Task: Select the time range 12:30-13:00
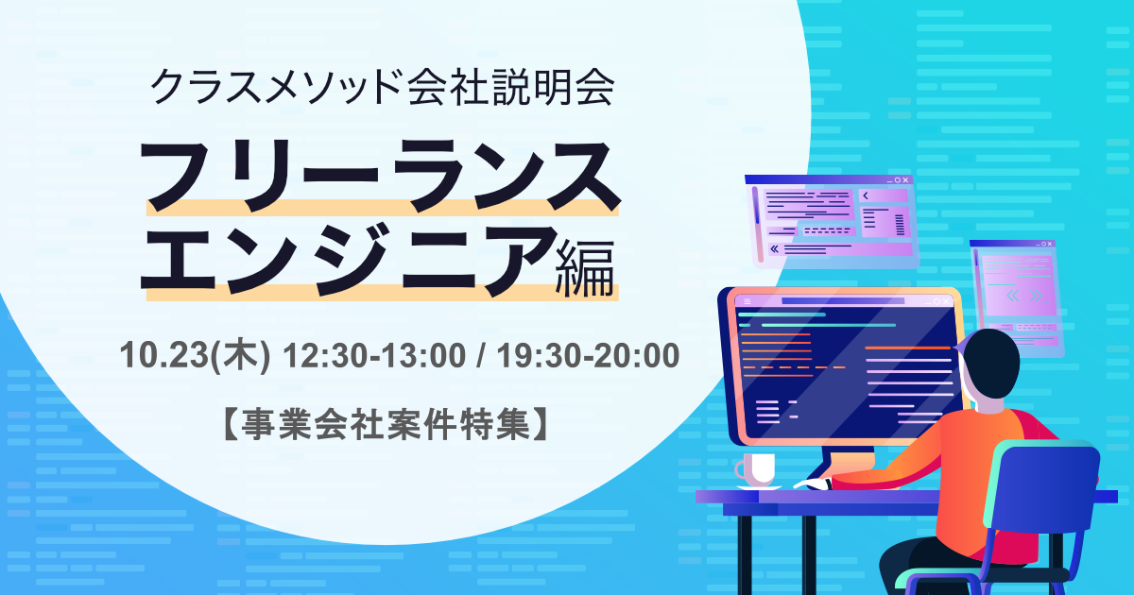coord(374,355)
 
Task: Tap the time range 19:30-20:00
coord(588,355)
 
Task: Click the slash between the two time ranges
coord(481,355)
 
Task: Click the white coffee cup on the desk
coord(756,469)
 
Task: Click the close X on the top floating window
coord(905,180)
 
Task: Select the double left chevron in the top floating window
coord(774,248)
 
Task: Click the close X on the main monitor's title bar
coord(945,301)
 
